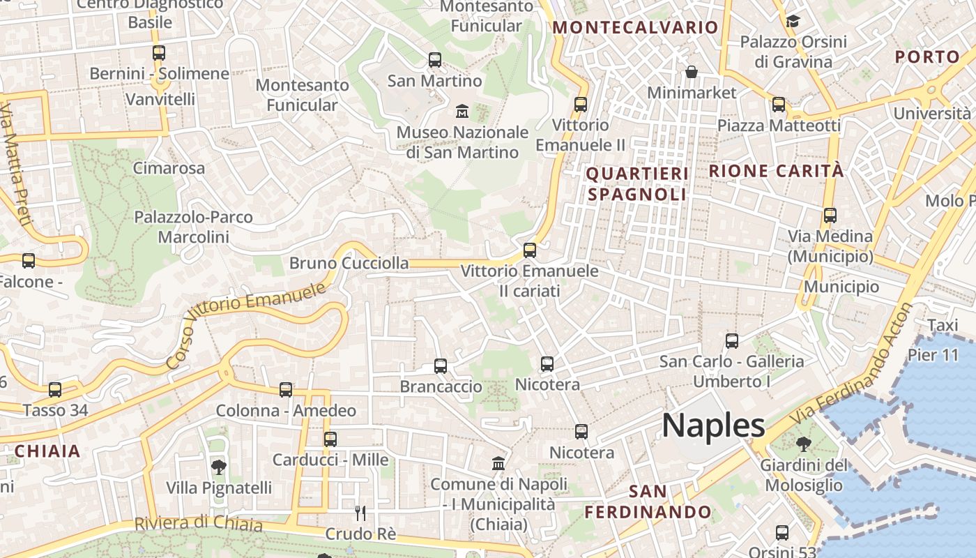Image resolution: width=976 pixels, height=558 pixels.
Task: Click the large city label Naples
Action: (713, 425)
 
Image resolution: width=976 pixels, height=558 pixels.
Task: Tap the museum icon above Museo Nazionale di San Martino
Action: (462, 111)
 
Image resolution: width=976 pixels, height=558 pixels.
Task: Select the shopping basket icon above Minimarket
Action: (691, 72)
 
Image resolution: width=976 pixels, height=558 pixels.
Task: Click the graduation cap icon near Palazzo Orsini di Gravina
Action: (793, 21)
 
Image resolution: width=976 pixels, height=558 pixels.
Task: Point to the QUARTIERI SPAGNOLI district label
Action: (637, 183)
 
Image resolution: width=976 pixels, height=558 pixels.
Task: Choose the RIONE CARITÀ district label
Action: (776, 171)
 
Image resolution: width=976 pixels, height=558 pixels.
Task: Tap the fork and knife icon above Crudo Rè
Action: (360, 513)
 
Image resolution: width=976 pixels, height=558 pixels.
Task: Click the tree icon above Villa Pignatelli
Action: (218, 467)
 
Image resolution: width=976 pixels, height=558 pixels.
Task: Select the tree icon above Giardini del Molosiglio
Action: (803, 444)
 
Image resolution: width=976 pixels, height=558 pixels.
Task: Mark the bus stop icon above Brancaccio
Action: (440, 365)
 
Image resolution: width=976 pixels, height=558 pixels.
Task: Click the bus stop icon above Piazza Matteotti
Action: (778, 105)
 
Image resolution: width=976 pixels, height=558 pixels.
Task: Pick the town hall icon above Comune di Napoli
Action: (498, 463)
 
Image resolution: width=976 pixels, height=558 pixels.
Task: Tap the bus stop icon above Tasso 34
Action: (55, 389)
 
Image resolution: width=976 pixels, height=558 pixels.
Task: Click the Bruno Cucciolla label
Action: (349, 263)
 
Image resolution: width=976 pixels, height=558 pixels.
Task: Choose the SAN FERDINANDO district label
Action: (648, 502)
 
